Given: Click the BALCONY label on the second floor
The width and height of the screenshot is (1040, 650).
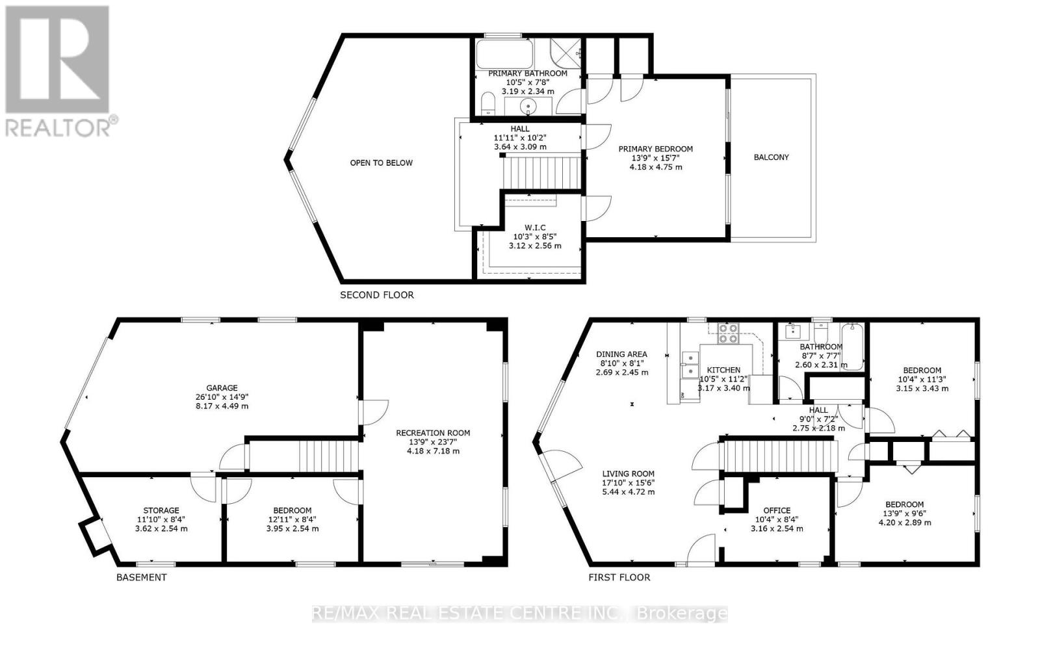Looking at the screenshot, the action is pos(771,157).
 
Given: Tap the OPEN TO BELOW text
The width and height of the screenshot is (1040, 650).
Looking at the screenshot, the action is pos(381,163).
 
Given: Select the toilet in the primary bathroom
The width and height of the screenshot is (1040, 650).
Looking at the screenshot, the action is pos(487,103).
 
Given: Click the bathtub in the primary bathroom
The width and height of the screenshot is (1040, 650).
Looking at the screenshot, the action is pos(504,55).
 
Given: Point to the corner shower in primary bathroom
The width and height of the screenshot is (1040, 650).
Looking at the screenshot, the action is pos(565,54).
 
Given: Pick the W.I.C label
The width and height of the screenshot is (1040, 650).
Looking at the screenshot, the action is pos(535,227).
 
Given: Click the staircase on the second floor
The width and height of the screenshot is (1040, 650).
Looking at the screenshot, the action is pos(542,173).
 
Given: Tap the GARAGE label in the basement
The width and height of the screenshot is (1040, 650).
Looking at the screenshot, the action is pos(222,388).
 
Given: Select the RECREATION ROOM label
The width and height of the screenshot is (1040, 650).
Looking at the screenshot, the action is pos(433,433).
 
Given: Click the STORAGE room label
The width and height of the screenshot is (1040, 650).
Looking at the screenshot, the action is pos(161,511).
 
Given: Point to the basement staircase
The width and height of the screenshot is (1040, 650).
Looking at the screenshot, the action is pos(328,456).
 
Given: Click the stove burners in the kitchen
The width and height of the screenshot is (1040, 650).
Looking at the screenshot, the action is pos(728,334).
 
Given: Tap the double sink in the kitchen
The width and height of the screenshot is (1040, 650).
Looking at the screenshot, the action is pos(690,365).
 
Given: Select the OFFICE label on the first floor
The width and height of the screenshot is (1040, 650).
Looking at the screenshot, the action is pos(777,511).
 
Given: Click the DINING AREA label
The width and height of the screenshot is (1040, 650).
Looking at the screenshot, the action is pos(621,355).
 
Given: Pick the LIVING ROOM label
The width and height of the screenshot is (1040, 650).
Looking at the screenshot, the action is pos(628,474).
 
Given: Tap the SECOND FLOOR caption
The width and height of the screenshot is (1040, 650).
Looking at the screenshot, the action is pos(376,295).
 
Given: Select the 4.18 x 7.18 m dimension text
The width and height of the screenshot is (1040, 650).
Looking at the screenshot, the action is pos(433,451).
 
